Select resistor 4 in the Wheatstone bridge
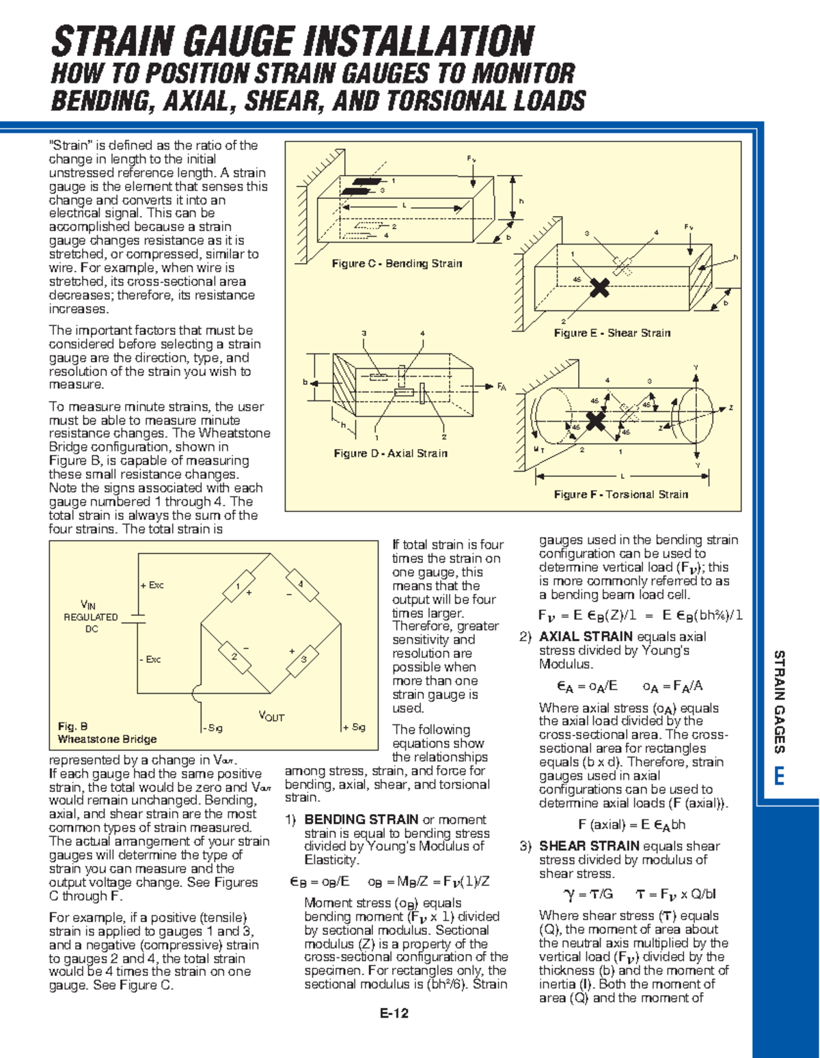(301, 586)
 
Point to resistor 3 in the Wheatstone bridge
(303, 660)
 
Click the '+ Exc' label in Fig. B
(152, 586)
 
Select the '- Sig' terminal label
(213, 728)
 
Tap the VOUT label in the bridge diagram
(271, 716)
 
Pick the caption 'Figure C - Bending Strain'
(397, 264)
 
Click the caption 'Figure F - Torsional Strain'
(620, 494)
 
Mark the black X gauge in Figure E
(599, 288)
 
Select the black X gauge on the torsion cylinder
(596, 421)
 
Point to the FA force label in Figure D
(501, 387)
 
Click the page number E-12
(394, 1014)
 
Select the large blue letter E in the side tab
(778, 777)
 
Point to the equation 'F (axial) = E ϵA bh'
(631, 825)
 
